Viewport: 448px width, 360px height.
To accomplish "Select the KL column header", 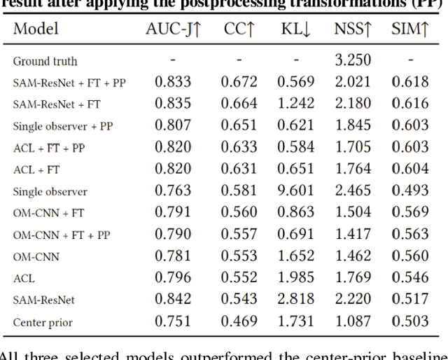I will point(296,29).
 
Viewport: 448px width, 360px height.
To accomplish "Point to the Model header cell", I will point(36,29).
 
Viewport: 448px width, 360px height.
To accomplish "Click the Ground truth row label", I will point(45,61).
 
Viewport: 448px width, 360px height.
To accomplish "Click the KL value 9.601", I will point(296,191).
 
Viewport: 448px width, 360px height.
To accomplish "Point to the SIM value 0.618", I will point(410,82).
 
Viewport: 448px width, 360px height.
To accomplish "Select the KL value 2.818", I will point(296,300).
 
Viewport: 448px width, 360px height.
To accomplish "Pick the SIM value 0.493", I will point(410,191).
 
